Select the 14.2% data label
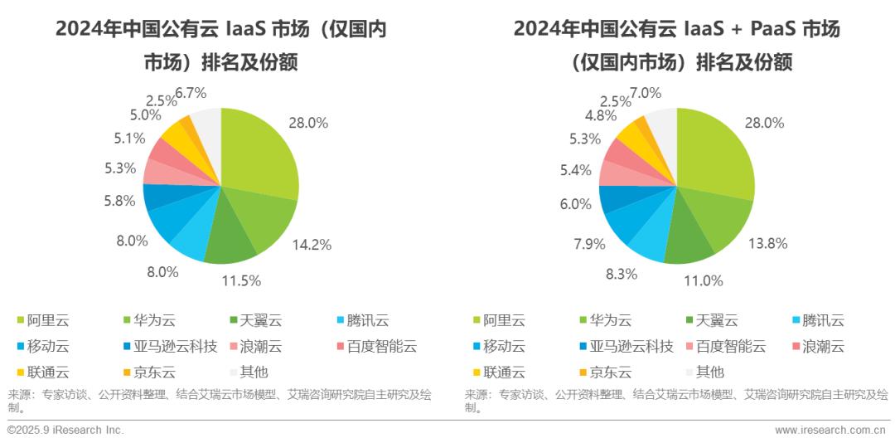(312, 245)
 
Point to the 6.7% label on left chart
(190, 92)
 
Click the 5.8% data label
(119, 200)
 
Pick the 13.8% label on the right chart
(767, 243)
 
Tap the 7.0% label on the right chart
(645, 92)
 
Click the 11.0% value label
(704, 280)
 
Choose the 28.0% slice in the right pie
(713, 153)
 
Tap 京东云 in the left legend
(157, 372)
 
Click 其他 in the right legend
(710, 372)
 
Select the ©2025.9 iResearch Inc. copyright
(65, 430)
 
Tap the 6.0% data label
(575, 204)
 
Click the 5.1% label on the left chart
(130, 139)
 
